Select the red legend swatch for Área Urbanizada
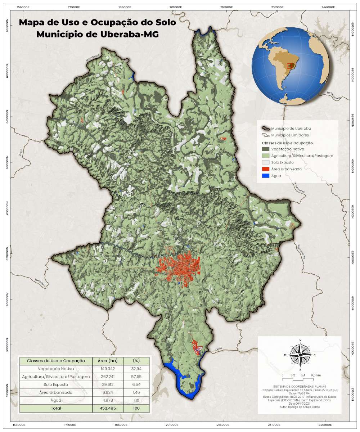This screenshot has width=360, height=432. click(265, 168)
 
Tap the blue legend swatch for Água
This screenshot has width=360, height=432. click(265, 176)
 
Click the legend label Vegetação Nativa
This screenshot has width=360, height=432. click(288, 149)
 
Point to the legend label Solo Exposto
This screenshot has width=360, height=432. click(283, 162)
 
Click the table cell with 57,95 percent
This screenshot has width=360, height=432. click(136, 377)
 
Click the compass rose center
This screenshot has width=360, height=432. click(300, 355)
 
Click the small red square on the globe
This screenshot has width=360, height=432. click(289, 66)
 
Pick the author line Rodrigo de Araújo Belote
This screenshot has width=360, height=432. click(300, 407)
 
